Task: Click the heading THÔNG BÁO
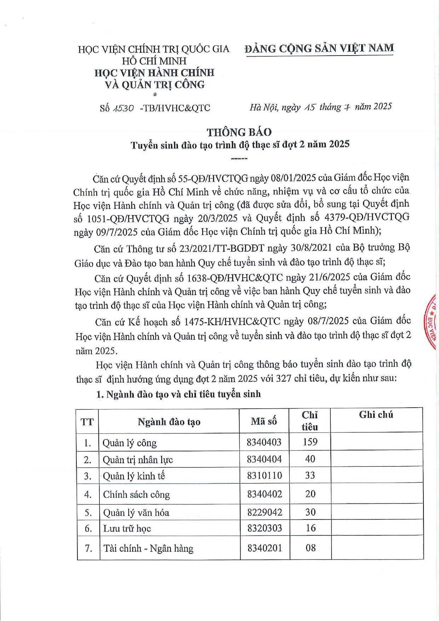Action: (x=239, y=132)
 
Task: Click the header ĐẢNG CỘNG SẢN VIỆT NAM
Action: (x=319, y=48)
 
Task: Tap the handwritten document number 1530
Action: (x=123, y=108)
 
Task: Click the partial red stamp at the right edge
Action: (x=432, y=322)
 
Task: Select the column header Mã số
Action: (x=264, y=421)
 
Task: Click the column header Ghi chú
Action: (x=376, y=415)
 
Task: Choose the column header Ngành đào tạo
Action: (x=169, y=421)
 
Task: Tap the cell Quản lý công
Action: (x=129, y=443)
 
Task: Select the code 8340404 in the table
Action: (x=264, y=459)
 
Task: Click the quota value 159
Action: (x=310, y=442)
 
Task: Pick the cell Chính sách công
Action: (x=136, y=494)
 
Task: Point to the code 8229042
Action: (x=265, y=512)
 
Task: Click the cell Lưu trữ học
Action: (x=127, y=528)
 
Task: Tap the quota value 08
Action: (x=311, y=548)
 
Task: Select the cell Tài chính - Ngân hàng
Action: (x=148, y=548)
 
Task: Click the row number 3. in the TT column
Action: (x=88, y=476)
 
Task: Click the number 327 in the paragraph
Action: (x=284, y=378)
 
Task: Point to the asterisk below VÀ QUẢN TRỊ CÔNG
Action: (x=155, y=94)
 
